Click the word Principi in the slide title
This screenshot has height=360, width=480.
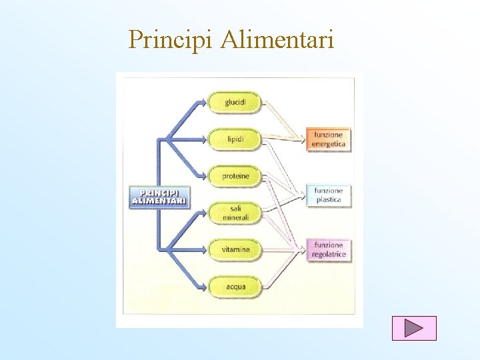point(170,40)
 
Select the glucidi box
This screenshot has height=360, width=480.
point(235,102)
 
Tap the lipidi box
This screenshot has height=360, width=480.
point(235,139)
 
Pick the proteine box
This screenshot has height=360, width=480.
point(235,176)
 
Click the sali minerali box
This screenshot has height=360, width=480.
point(235,213)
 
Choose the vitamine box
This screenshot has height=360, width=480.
point(235,249)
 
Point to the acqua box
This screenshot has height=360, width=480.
point(235,287)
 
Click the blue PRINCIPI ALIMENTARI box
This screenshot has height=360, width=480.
point(159,197)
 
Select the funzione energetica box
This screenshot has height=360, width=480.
point(329,139)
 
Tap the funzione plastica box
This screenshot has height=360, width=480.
point(329,195)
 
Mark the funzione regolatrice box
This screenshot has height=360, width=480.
point(329,250)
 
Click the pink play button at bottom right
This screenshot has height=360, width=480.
point(414,328)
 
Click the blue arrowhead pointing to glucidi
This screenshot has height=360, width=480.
point(203,102)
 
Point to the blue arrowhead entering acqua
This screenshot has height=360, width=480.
point(203,287)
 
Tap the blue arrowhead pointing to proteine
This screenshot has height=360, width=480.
point(203,176)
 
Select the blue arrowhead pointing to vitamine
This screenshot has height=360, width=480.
point(203,249)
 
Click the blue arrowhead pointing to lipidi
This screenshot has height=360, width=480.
point(203,139)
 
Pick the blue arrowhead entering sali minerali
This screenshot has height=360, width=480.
point(203,213)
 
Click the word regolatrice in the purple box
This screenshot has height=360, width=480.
point(329,255)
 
